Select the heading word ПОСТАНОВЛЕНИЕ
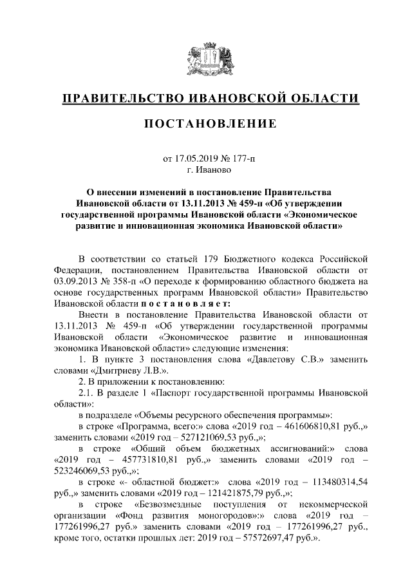click(206, 123)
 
